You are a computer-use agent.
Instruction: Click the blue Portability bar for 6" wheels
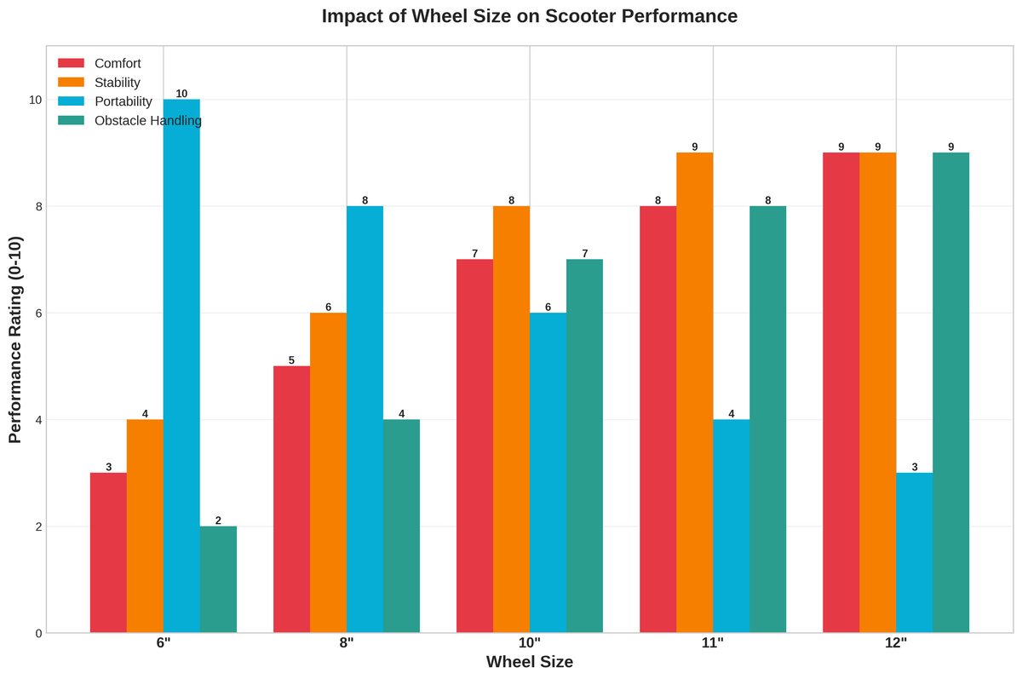[x=181, y=366]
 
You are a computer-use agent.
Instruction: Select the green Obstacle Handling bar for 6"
[x=218, y=579]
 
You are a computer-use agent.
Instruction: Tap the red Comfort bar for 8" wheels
[x=291, y=499]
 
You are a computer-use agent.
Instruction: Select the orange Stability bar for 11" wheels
[x=694, y=392]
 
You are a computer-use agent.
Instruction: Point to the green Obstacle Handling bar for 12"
[x=950, y=392]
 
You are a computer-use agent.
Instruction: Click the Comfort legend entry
[x=118, y=63]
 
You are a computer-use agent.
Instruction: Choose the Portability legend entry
[x=123, y=101]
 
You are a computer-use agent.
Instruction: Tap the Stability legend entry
[x=118, y=83]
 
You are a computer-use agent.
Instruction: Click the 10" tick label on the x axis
[x=530, y=644]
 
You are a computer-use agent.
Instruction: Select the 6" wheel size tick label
[x=164, y=644]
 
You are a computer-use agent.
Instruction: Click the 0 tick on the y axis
[x=38, y=633]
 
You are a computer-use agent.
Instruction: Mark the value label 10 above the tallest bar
[x=181, y=94]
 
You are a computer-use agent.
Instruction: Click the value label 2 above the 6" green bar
[x=218, y=521]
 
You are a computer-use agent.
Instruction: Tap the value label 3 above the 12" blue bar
[x=914, y=467]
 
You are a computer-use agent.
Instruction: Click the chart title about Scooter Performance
[x=529, y=16]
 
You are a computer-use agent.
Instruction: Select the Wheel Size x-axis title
[x=529, y=662]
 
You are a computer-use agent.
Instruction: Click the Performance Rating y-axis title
[x=15, y=339]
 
